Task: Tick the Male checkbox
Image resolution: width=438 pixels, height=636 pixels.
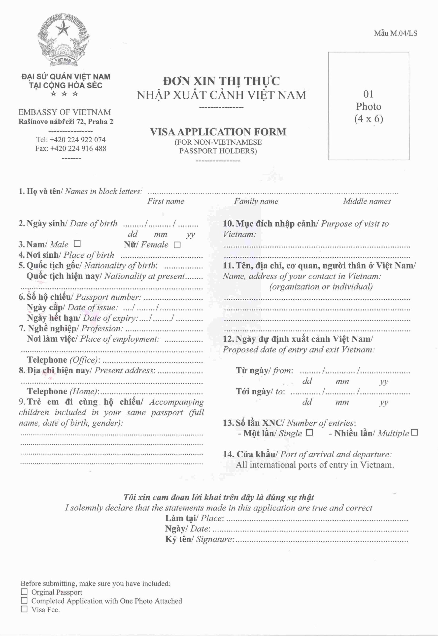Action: pos(77,244)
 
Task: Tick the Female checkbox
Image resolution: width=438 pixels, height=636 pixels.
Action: pos(177,245)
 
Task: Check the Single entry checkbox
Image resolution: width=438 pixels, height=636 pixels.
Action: pos(309,433)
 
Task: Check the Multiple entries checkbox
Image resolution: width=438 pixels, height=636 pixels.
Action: pos(415,433)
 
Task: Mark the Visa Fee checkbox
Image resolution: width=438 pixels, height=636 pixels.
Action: pos(24,609)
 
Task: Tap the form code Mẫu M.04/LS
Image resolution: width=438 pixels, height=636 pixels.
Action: pos(396,33)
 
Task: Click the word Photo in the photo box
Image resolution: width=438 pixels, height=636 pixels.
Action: pos(369,106)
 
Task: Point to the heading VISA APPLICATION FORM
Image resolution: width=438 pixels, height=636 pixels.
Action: pos(218,132)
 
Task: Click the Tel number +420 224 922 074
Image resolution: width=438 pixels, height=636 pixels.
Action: pos(78,140)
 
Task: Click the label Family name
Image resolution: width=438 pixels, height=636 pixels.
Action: pos(256,201)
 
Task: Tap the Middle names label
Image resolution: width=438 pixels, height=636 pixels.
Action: pos(367,201)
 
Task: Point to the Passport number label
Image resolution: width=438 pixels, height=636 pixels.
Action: pos(108,297)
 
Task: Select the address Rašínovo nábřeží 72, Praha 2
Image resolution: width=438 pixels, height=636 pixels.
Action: pos(66,121)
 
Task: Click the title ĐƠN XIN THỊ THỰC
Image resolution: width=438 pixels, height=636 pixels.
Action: pos(221,81)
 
